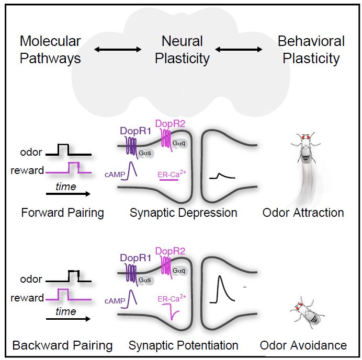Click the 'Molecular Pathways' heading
[50, 49]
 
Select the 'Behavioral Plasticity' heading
[311, 49]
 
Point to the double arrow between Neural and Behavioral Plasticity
[239, 50]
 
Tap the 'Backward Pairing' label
[62, 345]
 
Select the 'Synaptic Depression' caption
[183, 213]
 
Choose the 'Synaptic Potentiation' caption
[184, 345]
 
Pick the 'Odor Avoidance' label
[303, 345]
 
